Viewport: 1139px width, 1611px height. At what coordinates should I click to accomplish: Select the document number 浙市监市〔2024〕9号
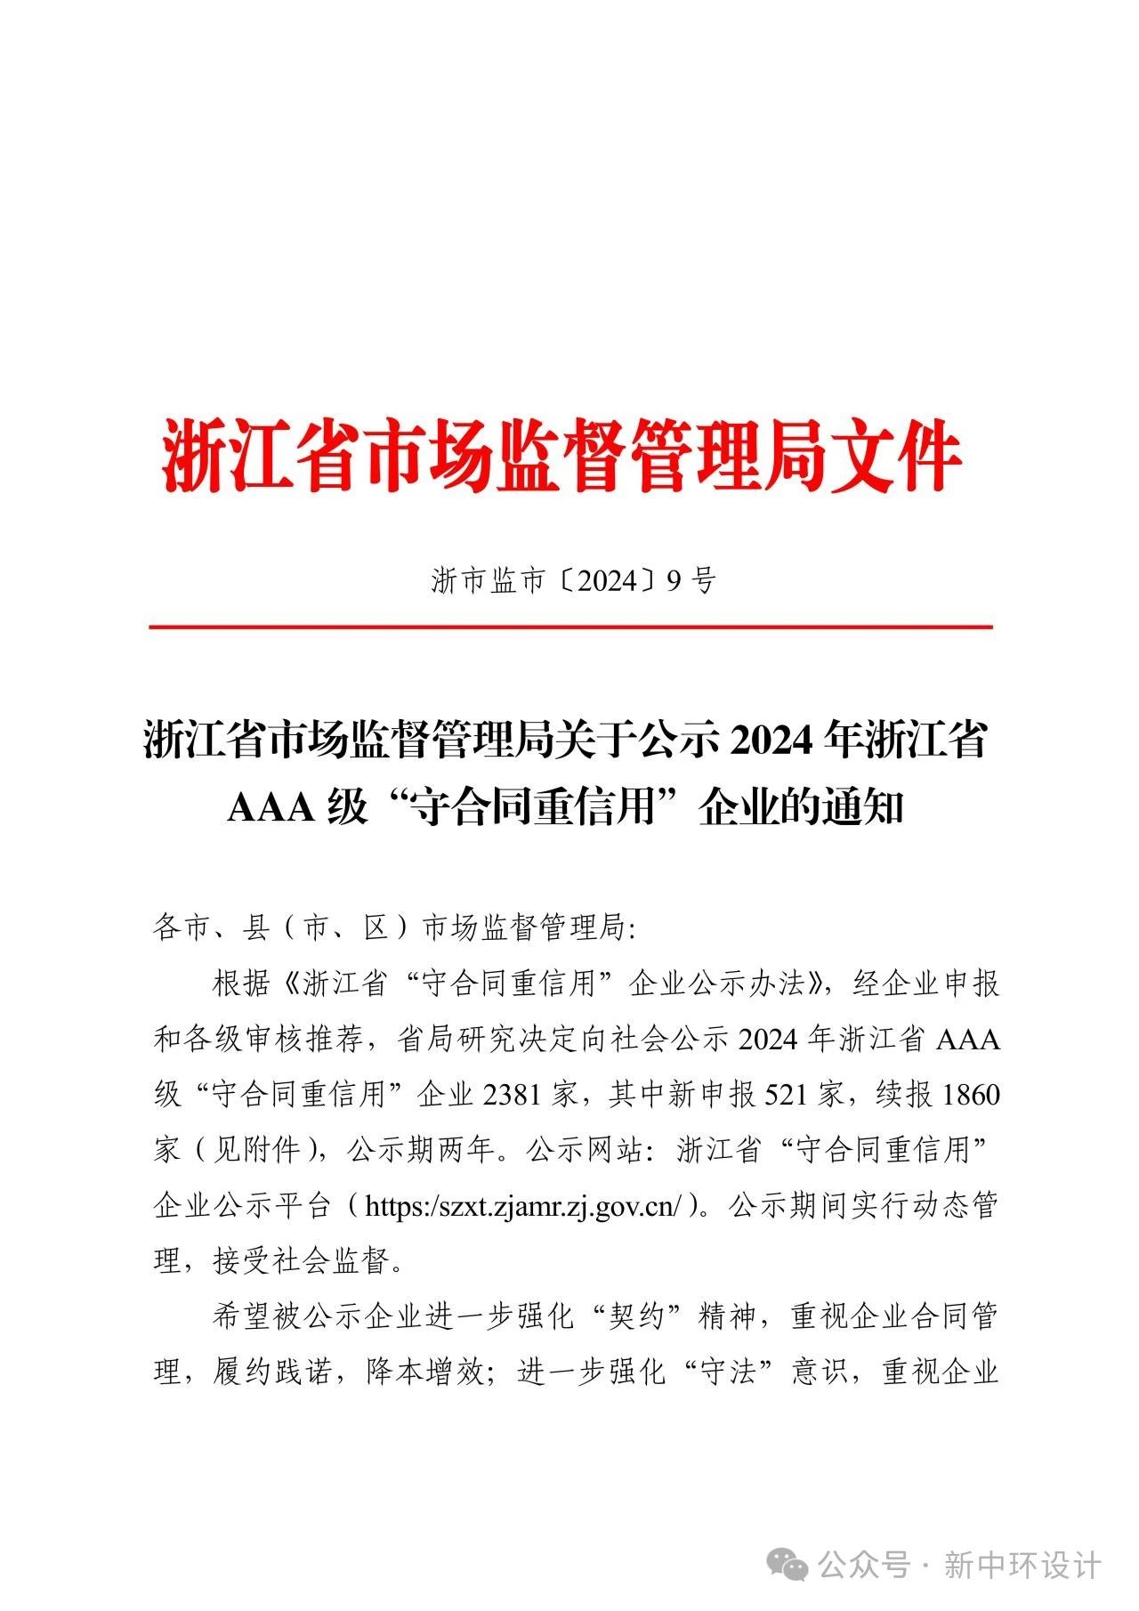pos(574,580)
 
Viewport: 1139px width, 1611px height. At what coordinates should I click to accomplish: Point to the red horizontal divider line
pos(569,627)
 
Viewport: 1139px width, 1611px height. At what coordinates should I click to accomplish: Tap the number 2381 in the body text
pos(513,1094)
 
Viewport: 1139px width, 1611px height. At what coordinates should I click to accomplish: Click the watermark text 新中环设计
pos(1022,1564)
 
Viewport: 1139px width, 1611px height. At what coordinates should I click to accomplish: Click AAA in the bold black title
pos(271,808)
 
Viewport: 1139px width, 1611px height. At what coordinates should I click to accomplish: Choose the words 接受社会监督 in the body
pos(302,1261)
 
